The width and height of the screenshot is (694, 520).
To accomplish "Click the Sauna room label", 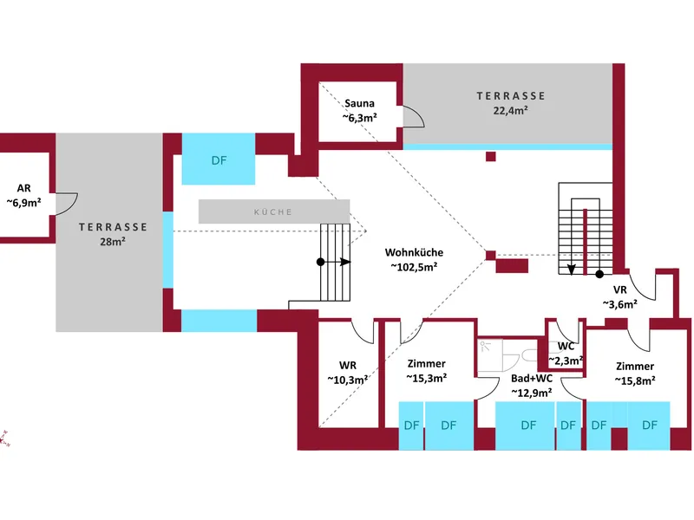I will point(359,103).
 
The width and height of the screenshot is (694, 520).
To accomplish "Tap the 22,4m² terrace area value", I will point(512,110).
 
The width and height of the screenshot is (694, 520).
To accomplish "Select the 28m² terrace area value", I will point(113,242).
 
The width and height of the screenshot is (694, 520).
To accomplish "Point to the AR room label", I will point(23,188).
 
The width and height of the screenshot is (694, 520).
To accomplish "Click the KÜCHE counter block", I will point(273,211).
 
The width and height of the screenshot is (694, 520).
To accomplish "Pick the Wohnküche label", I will point(415,253).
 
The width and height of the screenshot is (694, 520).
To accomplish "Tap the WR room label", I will point(348,365).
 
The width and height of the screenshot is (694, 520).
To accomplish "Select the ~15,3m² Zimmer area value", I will point(427,378).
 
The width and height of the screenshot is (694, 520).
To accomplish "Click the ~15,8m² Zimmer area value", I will point(635,380).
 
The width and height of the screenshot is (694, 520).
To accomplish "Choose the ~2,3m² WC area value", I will point(566,361).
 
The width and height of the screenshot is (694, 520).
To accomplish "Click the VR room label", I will point(619,289).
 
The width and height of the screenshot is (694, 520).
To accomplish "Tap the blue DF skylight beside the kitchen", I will point(218,160).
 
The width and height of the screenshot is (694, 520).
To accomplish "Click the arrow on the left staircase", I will point(344,261).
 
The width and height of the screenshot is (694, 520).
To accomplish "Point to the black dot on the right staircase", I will point(599,274).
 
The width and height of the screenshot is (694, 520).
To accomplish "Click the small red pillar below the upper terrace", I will point(491,157).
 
